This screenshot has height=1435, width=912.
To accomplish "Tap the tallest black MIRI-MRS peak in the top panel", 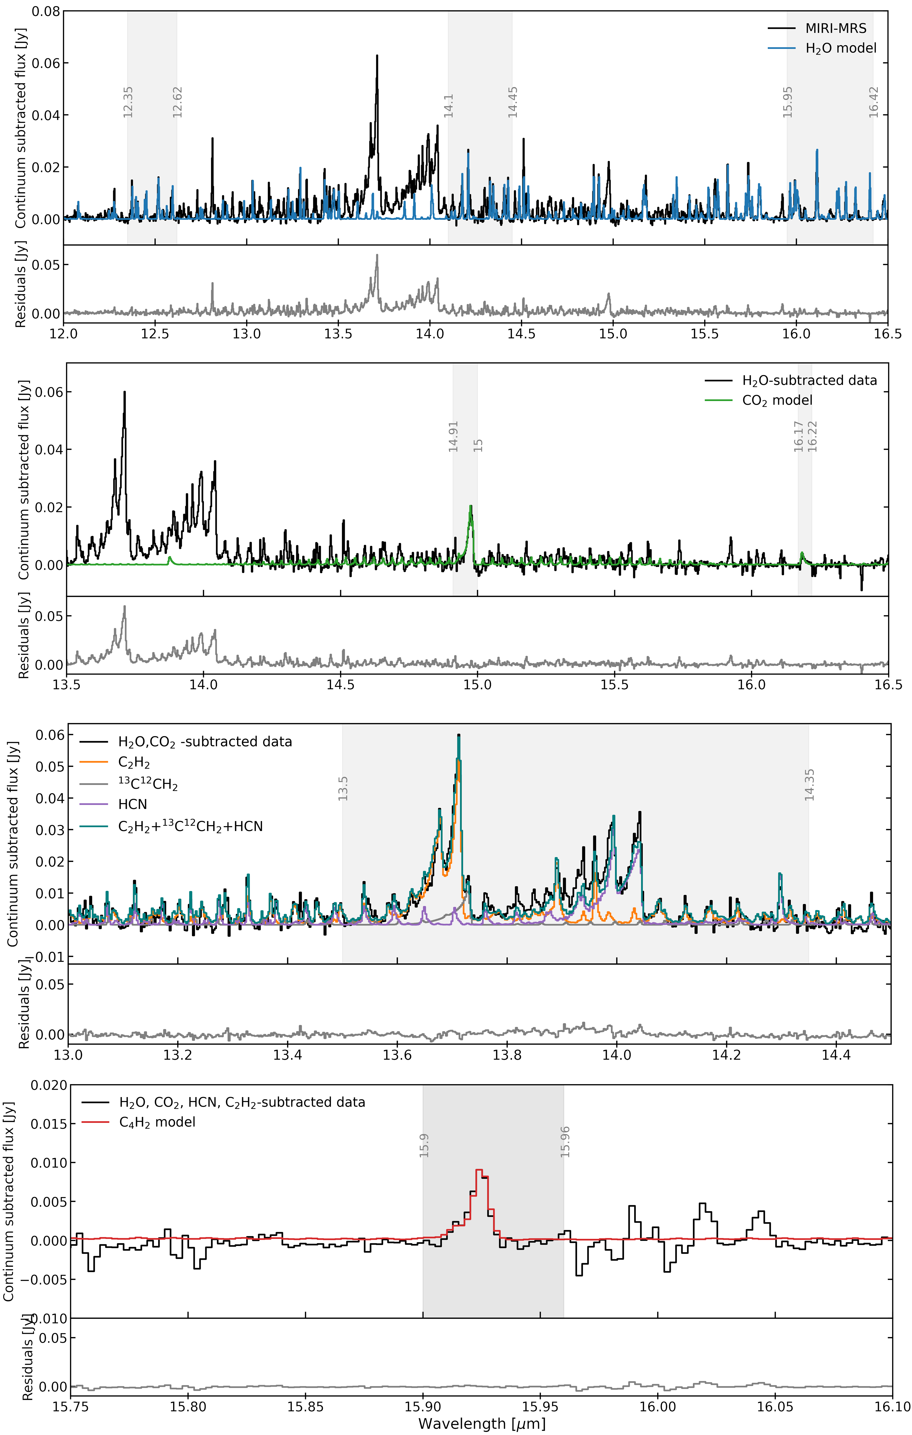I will (x=377, y=55).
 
